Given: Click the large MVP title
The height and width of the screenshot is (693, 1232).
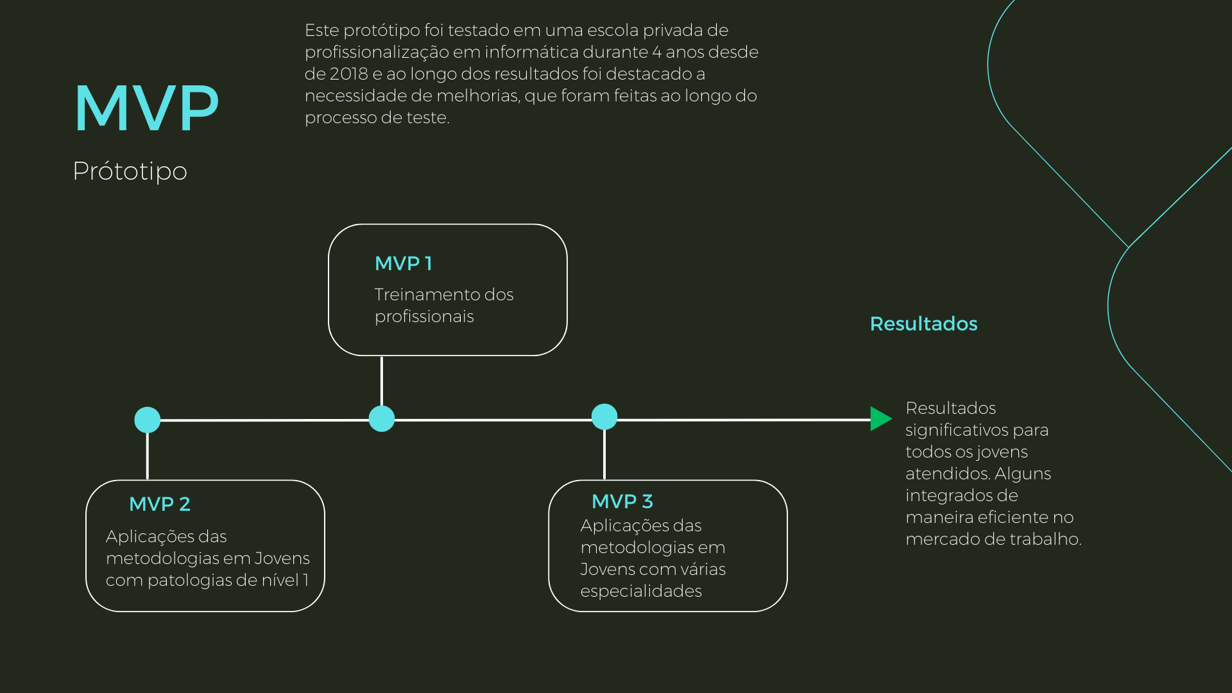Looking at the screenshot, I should click(146, 108).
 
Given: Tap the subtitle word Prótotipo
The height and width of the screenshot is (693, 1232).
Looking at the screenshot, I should click(130, 171).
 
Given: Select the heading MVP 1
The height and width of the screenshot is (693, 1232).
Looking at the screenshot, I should click(403, 264).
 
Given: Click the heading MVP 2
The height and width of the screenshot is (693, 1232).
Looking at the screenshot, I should click(159, 504).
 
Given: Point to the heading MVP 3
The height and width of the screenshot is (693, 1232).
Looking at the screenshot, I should click(622, 502).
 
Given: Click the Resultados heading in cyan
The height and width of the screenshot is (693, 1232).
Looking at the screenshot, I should click(923, 324).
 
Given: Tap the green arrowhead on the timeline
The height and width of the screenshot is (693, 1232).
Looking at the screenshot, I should click(880, 419).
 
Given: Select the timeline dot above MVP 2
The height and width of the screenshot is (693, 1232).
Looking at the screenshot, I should click(147, 420).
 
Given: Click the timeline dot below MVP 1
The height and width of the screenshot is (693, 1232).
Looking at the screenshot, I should click(381, 419).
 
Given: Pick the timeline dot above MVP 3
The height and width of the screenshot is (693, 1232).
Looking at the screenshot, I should click(604, 416).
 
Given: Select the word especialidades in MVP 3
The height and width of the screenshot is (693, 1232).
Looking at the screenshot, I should click(640, 592).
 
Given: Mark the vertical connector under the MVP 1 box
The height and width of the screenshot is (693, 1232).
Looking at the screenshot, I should click(382, 381).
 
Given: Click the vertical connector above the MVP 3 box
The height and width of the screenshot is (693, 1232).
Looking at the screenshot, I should click(604, 454).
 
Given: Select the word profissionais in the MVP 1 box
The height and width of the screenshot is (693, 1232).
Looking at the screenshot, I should click(424, 317).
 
